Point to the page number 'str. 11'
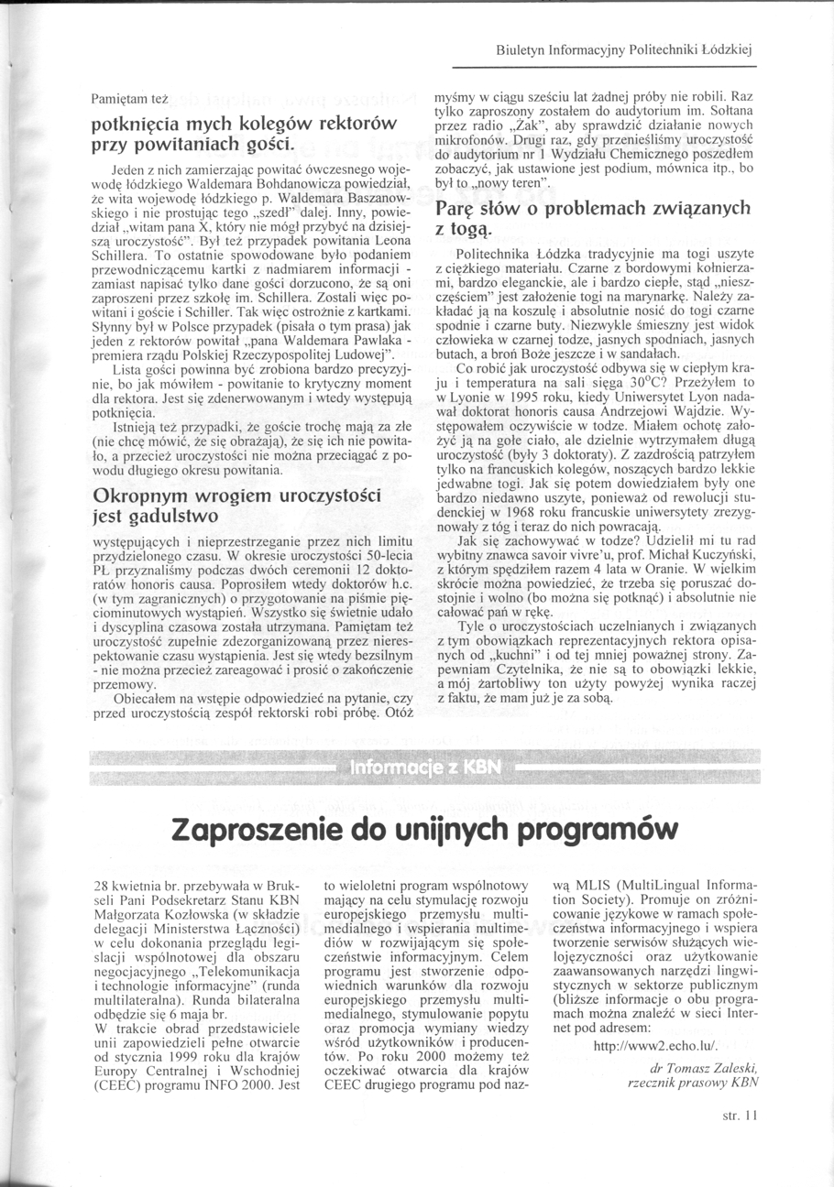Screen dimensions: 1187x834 click(x=741, y=1116)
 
